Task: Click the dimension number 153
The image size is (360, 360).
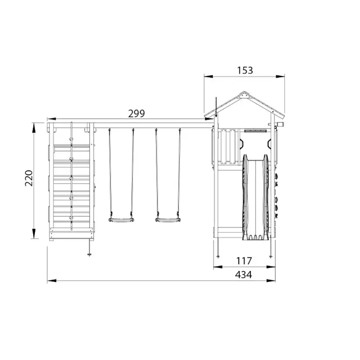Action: point(245,70)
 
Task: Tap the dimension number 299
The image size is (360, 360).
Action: point(137,113)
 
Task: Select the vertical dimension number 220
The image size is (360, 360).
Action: point(29,178)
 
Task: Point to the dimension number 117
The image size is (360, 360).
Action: point(244,261)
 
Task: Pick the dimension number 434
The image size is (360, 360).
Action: point(243,275)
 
